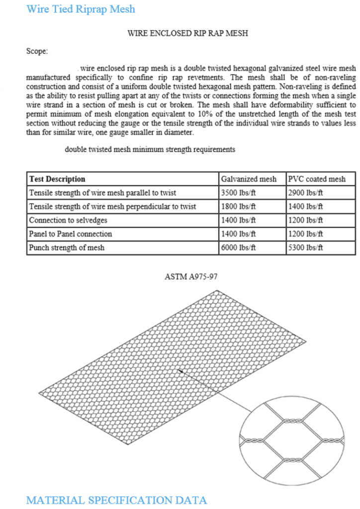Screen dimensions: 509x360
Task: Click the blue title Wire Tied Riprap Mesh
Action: coord(81,9)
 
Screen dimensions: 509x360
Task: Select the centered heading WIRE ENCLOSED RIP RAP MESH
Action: coord(187,33)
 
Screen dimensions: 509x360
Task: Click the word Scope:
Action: coord(37,51)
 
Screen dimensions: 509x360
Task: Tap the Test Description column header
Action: coord(57,179)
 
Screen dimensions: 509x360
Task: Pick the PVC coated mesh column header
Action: coord(316,179)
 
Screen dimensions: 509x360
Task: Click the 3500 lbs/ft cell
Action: coord(238,193)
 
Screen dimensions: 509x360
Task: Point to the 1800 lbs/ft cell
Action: coord(238,206)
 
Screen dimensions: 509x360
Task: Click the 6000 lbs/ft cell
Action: coord(238,248)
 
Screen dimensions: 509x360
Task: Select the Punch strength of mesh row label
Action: coord(67,248)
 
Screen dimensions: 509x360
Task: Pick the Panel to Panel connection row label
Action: coord(71,234)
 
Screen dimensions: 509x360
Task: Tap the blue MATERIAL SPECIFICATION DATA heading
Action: coord(116,500)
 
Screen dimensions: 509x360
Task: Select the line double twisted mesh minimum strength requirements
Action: coord(150,149)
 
